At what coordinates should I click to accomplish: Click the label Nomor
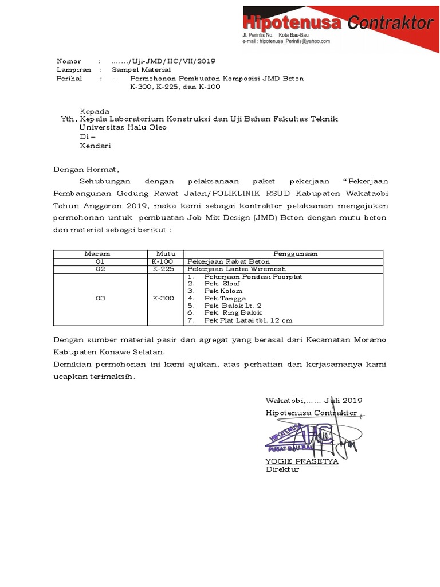click(x=69, y=61)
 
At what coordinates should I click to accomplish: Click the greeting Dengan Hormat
click(x=86, y=170)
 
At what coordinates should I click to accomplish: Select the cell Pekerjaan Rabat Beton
click(x=221, y=261)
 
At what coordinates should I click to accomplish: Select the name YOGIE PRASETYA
click(x=301, y=461)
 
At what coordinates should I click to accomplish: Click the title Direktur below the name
click(x=282, y=469)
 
